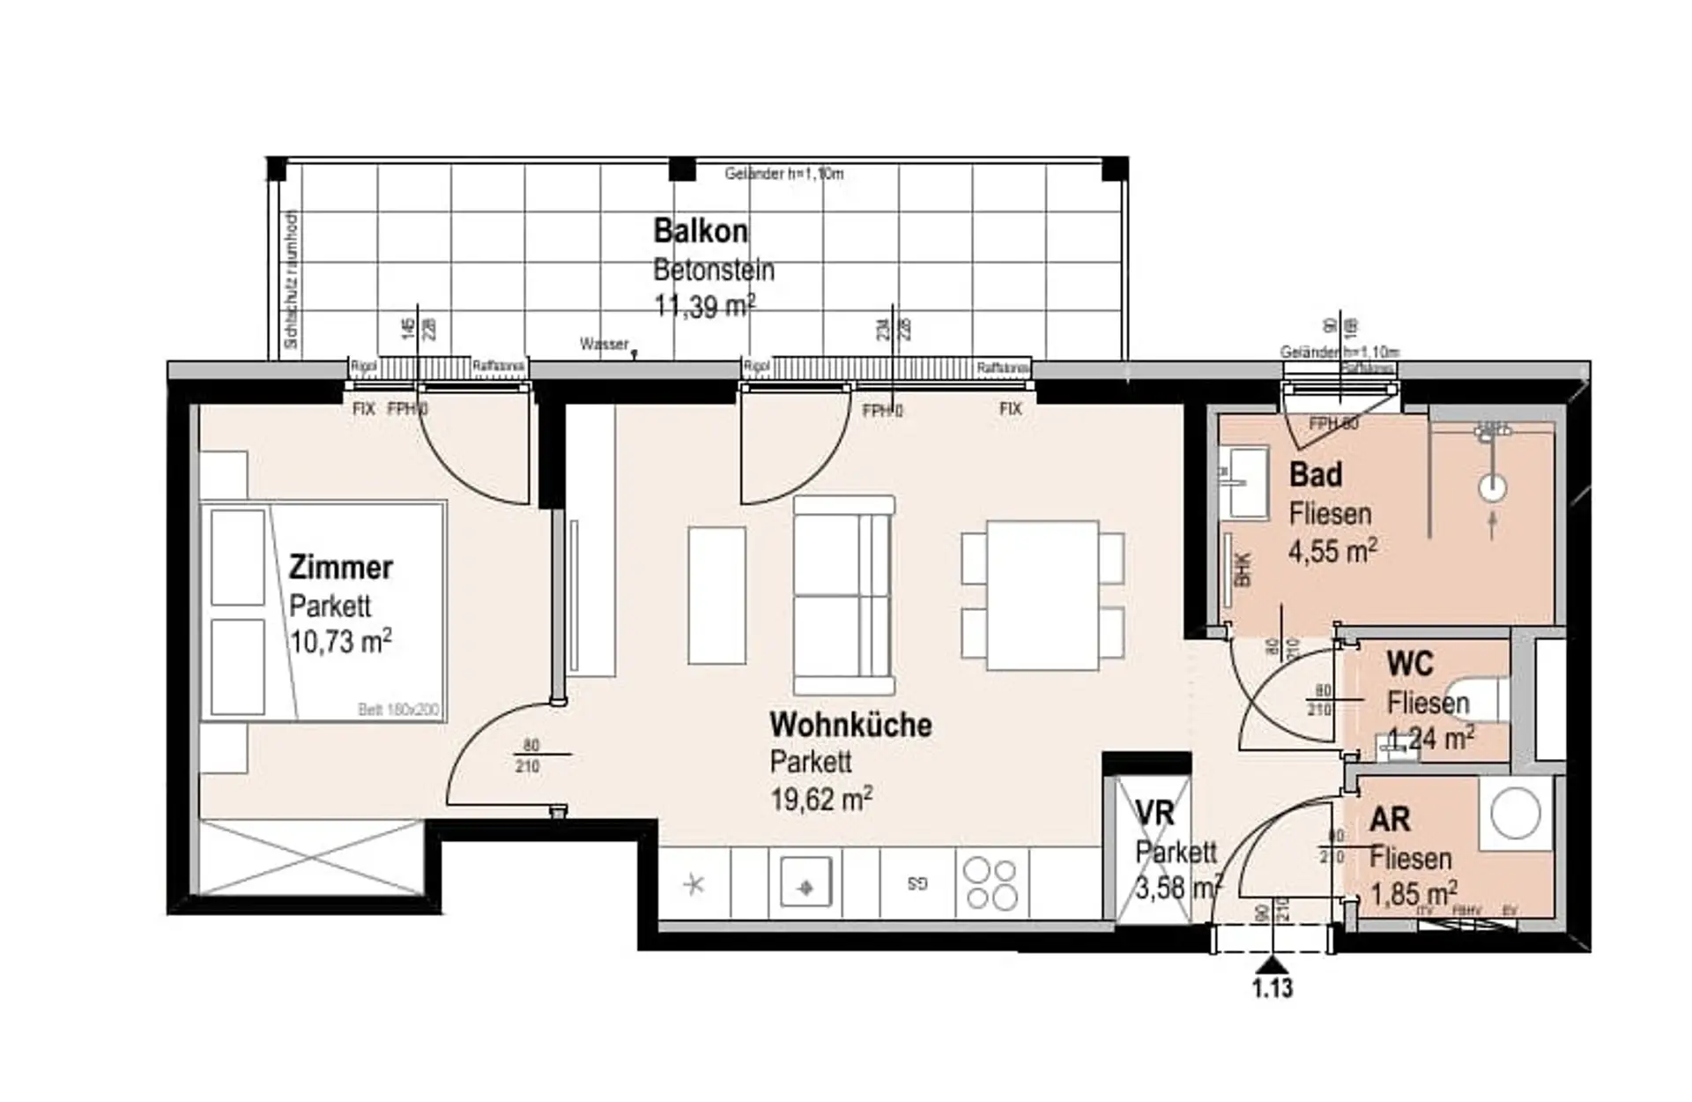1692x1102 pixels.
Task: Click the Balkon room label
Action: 701,231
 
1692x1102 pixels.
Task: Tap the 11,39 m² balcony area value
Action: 704,306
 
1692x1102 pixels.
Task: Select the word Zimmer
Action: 341,567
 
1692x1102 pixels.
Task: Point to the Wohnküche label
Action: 850,725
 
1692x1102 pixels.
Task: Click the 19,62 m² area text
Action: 821,800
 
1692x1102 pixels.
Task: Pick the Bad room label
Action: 1316,474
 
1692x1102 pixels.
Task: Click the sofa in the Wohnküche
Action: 843,595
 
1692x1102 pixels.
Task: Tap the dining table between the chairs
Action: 1043,595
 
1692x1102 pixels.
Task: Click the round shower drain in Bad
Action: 1492,488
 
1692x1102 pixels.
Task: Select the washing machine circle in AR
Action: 1516,813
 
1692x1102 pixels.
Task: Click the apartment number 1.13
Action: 1273,988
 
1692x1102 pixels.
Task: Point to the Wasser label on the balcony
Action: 605,344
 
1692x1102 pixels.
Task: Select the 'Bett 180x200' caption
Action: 398,710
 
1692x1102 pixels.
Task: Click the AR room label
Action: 1390,819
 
